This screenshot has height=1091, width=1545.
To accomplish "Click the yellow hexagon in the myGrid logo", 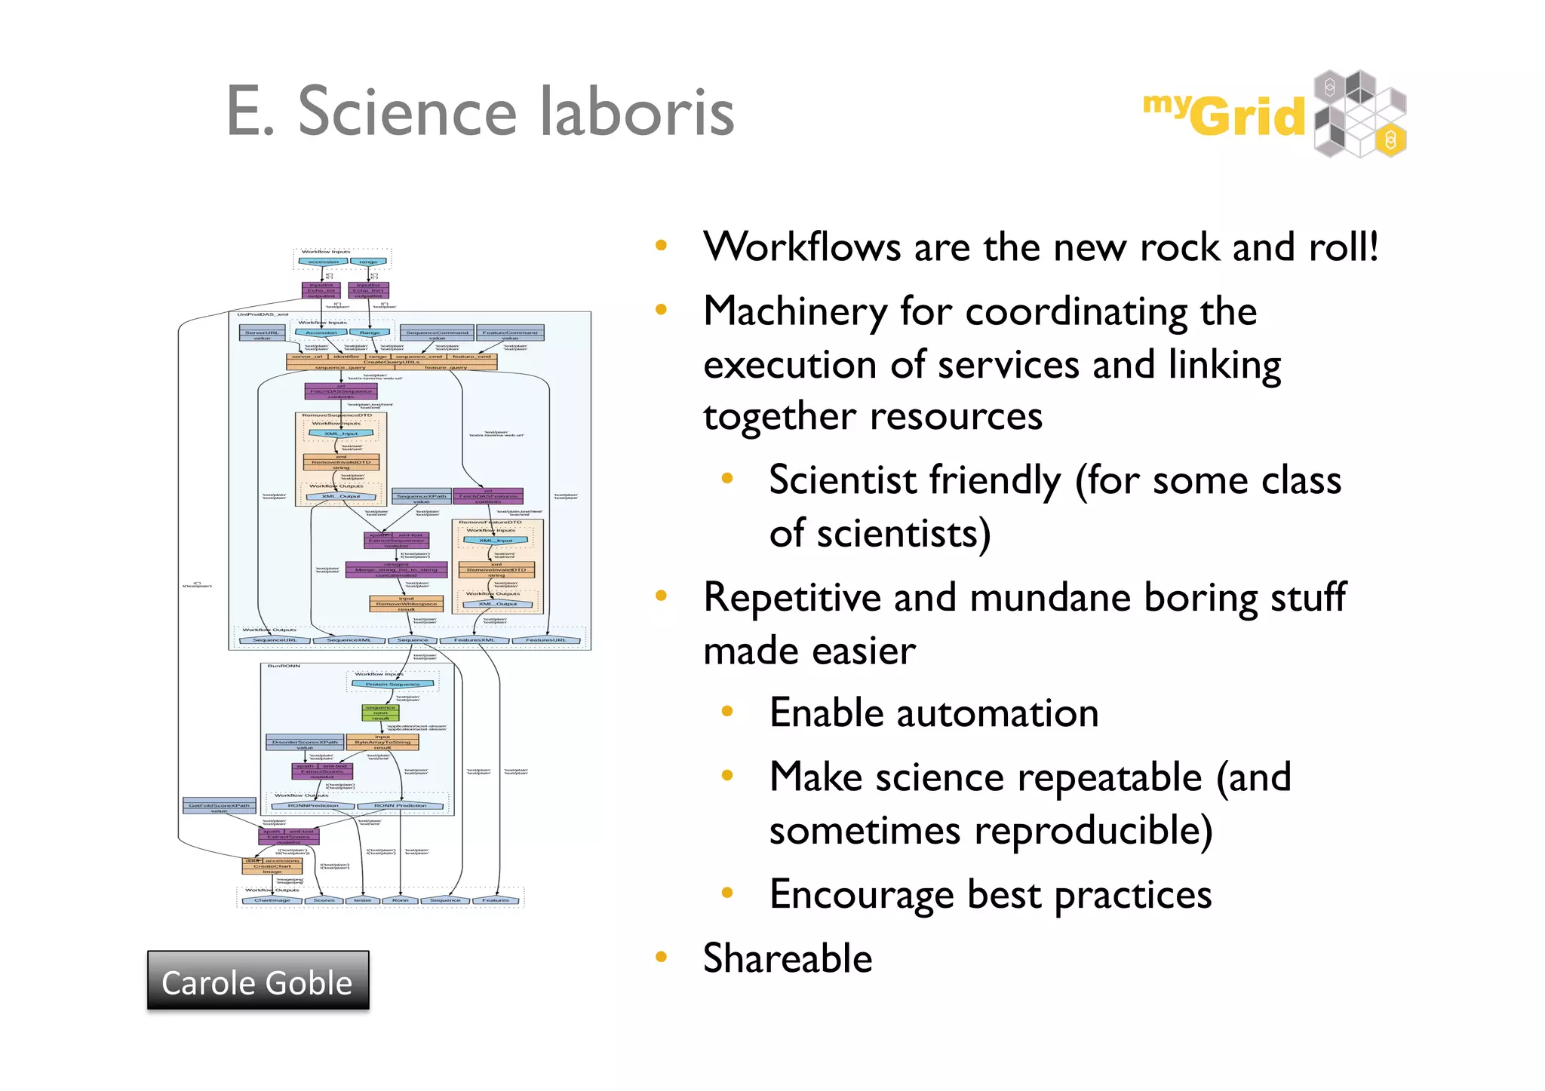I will [x=1390, y=139].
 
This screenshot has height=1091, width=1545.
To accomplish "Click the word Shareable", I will [x=787, y=958].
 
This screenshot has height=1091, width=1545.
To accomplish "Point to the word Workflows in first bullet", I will [x=801, y=247].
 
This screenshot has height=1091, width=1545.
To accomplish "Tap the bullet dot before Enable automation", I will [x=727, y=711].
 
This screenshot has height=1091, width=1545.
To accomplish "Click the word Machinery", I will [x=795, y=311].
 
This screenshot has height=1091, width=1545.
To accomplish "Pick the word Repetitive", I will [x=792, y=597].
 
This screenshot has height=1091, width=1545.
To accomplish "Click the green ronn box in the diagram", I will [x=380, y=713].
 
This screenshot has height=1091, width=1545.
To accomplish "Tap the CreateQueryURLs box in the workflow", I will [x=392, y=362].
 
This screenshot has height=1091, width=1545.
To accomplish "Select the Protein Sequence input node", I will [x=392, y=684].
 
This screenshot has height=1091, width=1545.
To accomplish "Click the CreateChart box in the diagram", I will [x=272, y=866].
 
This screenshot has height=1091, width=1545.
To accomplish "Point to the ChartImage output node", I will [x=272, y=900].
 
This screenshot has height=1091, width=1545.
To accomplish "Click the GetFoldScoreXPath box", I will [x=219, y=806].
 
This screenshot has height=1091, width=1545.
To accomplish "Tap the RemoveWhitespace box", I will [x=406, y=604].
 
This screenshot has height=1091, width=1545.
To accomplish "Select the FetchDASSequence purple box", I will [x=341, y=391].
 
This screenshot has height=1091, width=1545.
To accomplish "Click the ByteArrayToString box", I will [x=382, y=742].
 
